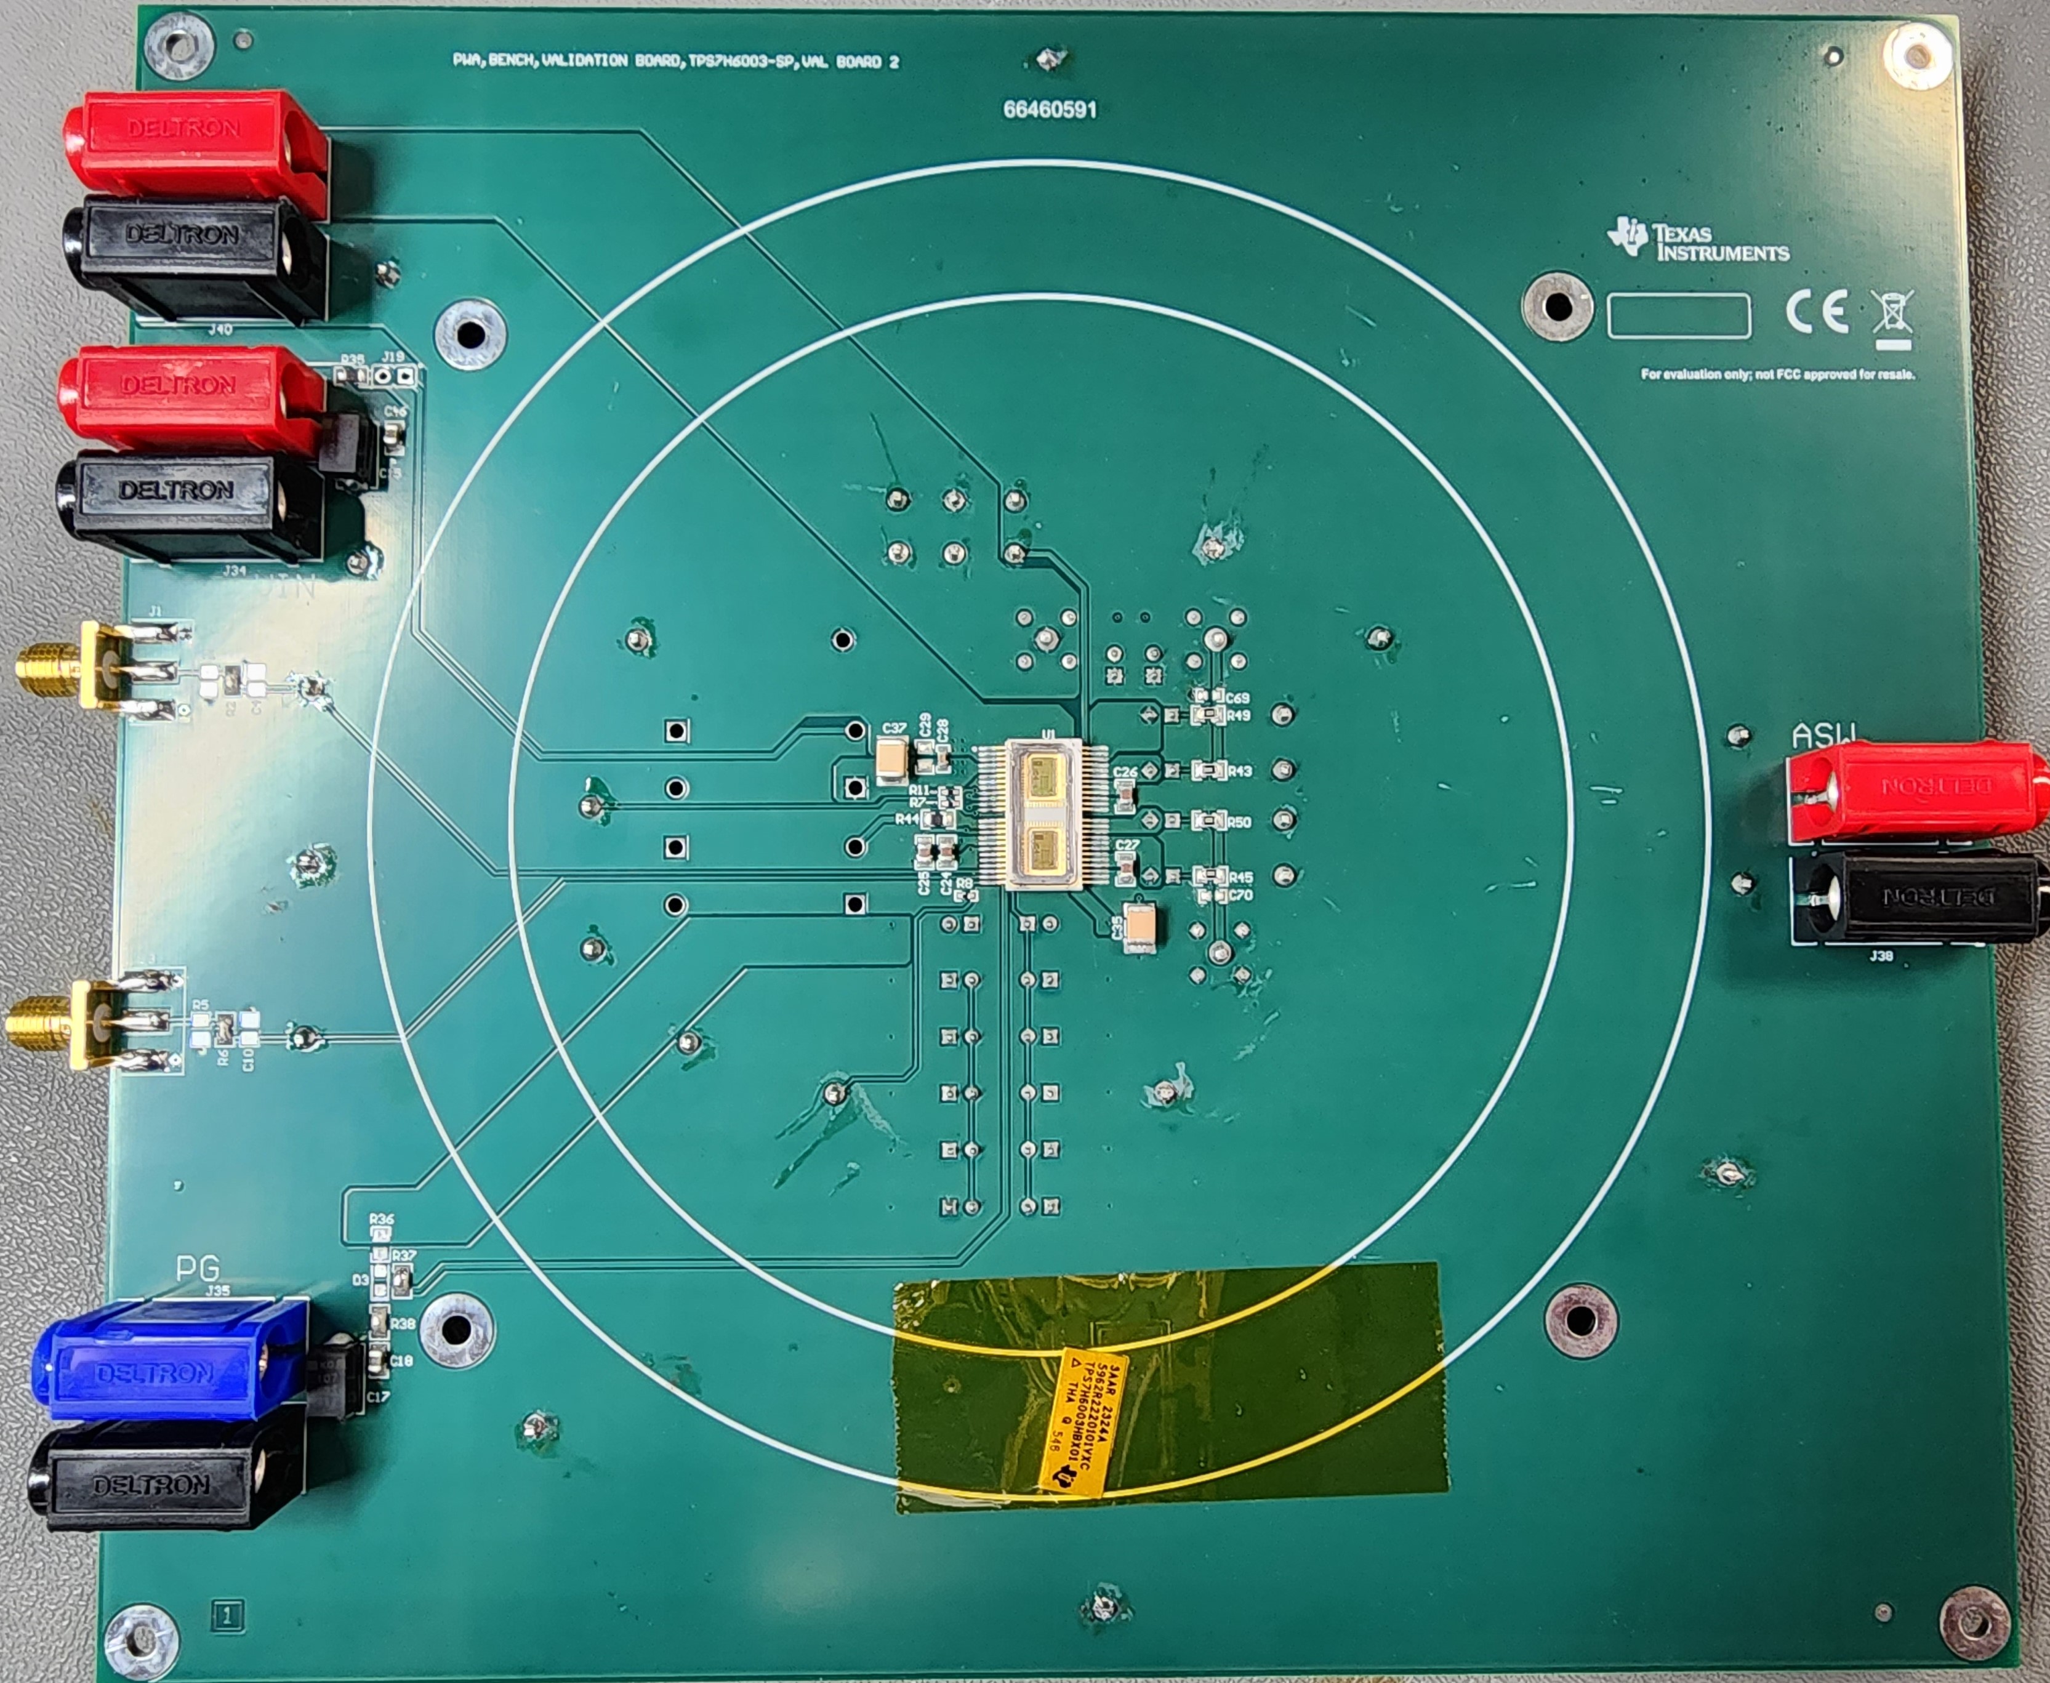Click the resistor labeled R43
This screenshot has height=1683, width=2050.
pos(1208,771)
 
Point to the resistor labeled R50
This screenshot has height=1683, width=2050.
pos(1208,821)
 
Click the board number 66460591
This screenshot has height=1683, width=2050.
pos(1050,110)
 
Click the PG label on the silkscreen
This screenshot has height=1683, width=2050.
pos(197,1267)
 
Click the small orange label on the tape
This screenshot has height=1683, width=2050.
pos(1082,1420)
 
